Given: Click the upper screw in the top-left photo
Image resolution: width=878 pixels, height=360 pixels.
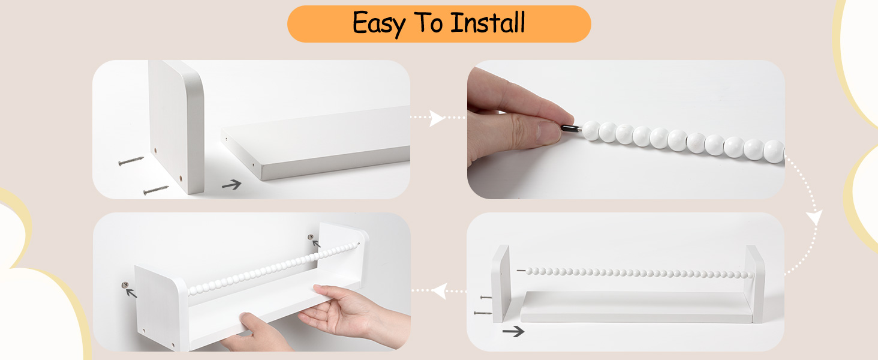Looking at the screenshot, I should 131,161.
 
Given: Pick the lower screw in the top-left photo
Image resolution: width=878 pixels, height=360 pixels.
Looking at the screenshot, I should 156,190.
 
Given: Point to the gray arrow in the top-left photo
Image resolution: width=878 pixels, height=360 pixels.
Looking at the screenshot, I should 231,185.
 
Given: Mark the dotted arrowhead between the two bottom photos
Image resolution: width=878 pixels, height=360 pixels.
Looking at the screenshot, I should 439,292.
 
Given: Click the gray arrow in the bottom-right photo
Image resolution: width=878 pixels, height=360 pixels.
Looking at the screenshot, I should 513,331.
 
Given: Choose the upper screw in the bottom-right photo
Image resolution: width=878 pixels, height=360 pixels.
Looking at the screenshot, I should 486,297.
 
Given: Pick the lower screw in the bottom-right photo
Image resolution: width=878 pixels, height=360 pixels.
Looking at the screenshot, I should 482,313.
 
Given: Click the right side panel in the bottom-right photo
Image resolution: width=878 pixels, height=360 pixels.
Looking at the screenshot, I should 754,283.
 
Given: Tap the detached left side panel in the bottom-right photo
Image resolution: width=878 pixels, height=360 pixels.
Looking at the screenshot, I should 500,283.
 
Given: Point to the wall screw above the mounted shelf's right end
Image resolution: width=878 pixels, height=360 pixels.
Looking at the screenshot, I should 311,238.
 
